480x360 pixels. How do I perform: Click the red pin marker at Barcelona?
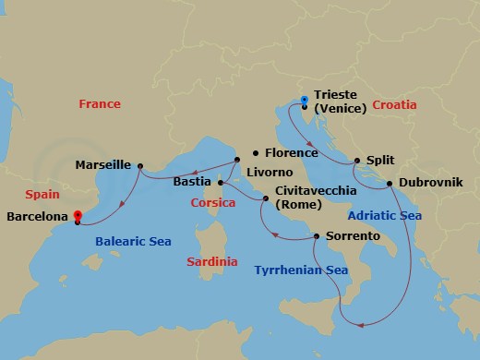(x=78, y=217)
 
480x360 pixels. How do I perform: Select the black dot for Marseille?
(x=139, y=167)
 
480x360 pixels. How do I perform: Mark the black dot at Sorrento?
(x=317, y=236)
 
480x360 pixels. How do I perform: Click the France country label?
(x=99, y=104)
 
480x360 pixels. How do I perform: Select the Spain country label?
(x=42, y=196)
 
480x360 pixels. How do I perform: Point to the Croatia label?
(x=395, y=105)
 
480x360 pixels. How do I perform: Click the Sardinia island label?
(x=211, y=262)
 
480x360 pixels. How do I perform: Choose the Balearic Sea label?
(x=134, y=242)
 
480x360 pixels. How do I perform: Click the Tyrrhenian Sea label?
(x=301, y=270)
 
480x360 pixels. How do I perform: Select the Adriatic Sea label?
(x=384, y=215)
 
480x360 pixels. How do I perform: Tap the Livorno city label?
(x=270, y=173)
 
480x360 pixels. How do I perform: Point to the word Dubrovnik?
(x=431, y=183)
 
